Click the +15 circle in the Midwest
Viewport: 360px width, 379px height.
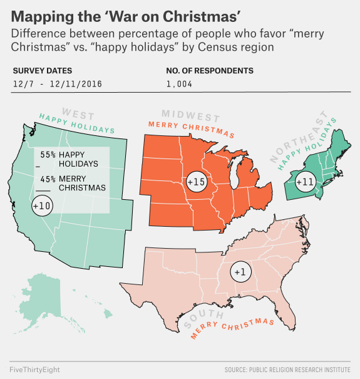(x=196, y=182)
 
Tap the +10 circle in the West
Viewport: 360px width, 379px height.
(x=42, y=205)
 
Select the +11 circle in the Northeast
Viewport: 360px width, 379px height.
(x=304, y=182)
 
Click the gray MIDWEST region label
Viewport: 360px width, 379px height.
(x=191, y=117)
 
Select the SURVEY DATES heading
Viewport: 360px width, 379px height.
(x=42, y=71)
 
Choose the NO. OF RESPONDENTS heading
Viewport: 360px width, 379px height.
(x=210, y=71)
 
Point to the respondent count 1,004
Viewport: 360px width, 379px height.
(x=180, y=84)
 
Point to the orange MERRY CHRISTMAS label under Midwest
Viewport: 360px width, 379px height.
(x=191, y=128)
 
